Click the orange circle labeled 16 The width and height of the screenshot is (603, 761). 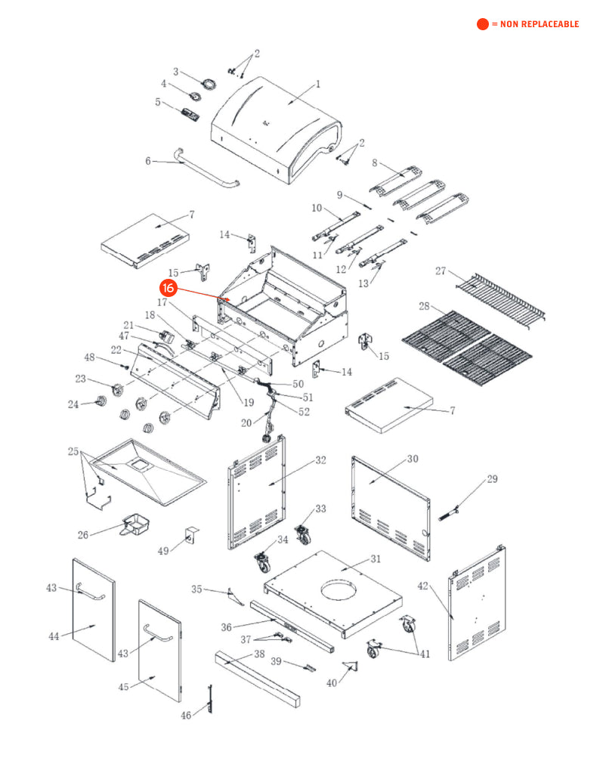[169, 288]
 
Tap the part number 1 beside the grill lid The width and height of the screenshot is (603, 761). [318, 84]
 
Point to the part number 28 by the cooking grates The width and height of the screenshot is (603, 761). [424, 306]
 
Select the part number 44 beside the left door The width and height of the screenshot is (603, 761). [54, 636]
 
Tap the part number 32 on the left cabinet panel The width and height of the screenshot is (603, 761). [320, 459]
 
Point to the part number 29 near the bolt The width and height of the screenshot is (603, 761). [492, 478]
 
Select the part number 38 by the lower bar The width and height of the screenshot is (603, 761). [259, 654]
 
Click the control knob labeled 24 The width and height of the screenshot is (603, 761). [99, 401]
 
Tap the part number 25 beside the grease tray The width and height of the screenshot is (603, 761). [73, 452]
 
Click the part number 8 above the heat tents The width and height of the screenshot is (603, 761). [374, 162]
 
